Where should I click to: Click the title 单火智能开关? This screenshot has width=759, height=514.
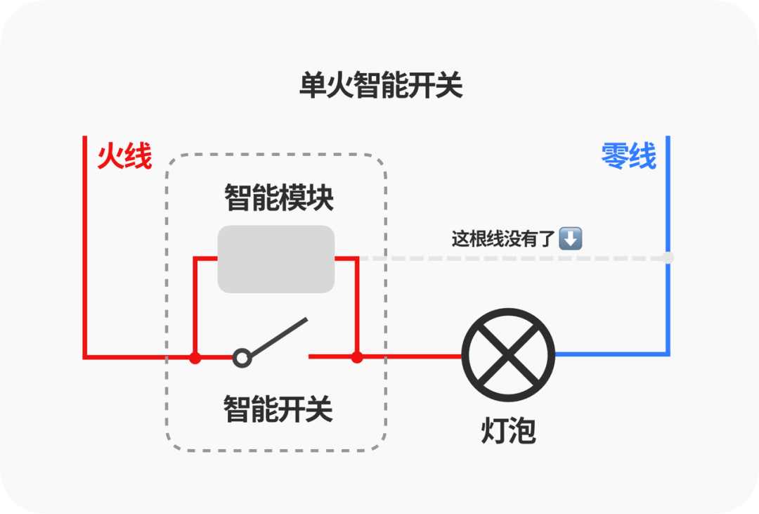pos(381,85)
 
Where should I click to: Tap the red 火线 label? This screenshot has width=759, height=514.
pos(125,156)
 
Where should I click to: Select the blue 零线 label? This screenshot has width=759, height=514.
pos(628,156)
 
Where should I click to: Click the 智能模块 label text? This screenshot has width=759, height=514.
pos(279,198)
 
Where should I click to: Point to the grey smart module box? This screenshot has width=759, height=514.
pos(276,259)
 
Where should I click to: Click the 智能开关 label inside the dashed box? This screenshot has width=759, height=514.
pos(278,409)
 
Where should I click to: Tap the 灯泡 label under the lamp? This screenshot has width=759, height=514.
pos(508,430)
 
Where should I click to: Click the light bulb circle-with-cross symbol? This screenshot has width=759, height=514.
pos(508,355)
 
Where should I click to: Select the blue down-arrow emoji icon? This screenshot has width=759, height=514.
pos(571,238)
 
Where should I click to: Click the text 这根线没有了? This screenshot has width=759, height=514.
pos(503,239)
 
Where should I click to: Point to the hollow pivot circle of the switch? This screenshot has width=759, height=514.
pos(242,358)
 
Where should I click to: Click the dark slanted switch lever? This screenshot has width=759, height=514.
pos(278,338)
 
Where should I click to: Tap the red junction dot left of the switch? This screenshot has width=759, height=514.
pos(195,358)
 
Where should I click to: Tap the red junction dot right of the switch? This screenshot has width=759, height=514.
pos(357,357)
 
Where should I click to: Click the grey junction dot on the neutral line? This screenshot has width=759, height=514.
pos(668,258)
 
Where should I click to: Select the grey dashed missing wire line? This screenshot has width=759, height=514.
pos(513,258)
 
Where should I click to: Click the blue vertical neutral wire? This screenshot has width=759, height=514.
pos(668,245)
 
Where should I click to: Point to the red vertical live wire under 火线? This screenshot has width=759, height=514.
pos(85,246)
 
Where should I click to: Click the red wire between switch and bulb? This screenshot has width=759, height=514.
pos(385,357)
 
